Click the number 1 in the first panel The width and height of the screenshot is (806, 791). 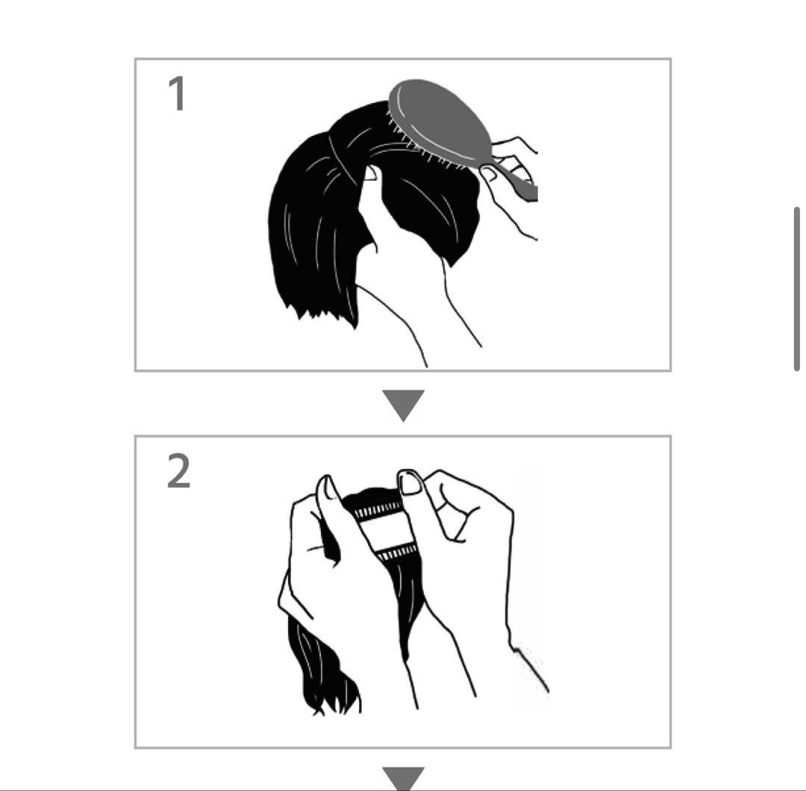tap(177, 93)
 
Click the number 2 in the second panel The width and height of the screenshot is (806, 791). tap(179, 471)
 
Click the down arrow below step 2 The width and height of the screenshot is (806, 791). tap(404, 778)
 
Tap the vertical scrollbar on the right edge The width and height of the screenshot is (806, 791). tap(797, 288)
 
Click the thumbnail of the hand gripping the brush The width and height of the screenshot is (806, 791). tap(488, 174)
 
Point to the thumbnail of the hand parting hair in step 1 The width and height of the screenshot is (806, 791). tap(370, 173)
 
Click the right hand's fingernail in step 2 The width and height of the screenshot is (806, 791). tap(411, 483)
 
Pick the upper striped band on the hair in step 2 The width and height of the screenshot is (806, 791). tap(378, 511)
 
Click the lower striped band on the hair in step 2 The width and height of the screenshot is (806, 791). tap(396, 553)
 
